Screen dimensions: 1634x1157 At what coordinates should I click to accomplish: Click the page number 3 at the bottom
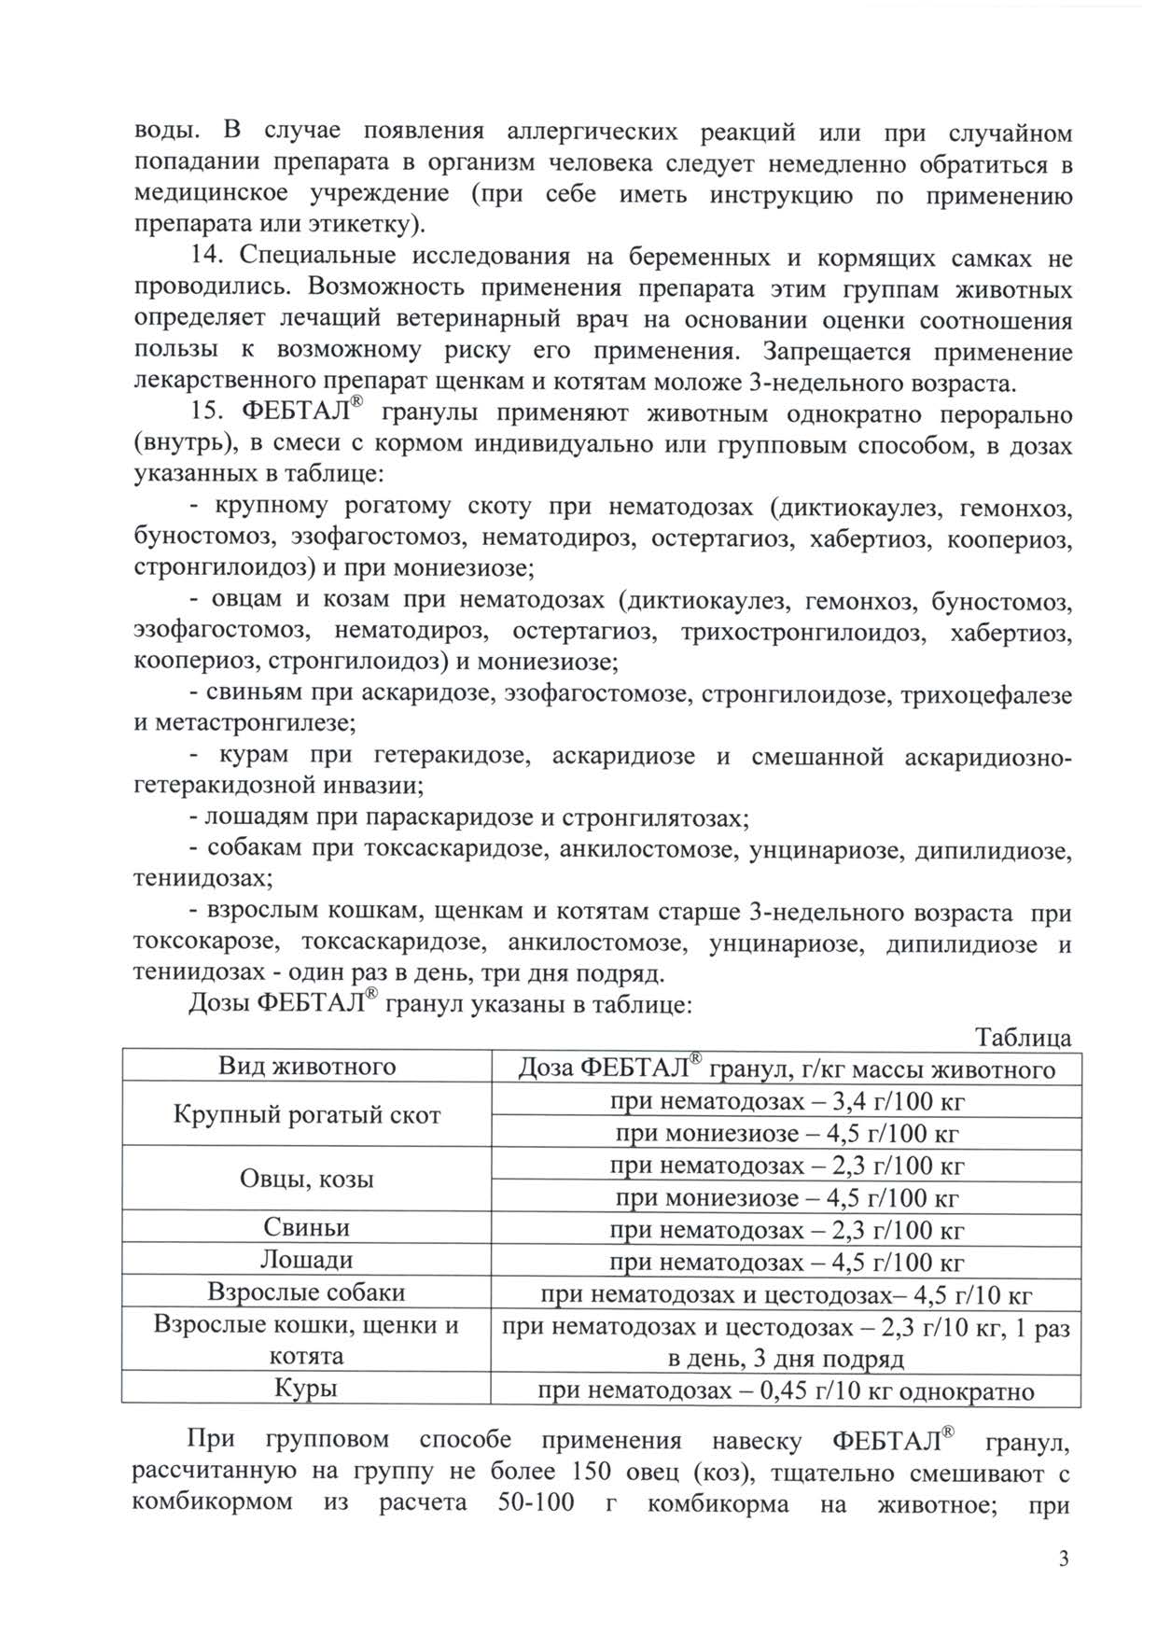click(1064, 1559)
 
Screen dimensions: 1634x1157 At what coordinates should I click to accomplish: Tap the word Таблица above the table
click(1023, 1038)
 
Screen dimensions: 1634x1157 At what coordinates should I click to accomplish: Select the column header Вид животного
click(307, 1067)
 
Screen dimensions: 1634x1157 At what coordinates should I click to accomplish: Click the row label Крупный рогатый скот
click(307, 1115)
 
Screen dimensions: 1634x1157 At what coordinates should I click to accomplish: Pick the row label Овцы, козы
click(307, 1180)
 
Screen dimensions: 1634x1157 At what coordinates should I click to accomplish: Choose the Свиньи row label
click(307, 1228)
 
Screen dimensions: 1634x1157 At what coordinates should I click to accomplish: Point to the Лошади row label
click(307, 1260)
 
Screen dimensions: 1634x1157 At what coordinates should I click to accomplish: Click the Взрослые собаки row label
click(307, 1292)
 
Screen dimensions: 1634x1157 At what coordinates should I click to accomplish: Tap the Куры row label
click(307, 1389)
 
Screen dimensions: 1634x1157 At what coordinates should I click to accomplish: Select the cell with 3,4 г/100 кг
click(787, 1102)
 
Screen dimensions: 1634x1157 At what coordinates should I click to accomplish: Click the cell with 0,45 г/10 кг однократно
click(787, 1391)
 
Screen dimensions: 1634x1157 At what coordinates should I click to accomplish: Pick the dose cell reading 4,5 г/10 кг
click(787, 1295)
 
